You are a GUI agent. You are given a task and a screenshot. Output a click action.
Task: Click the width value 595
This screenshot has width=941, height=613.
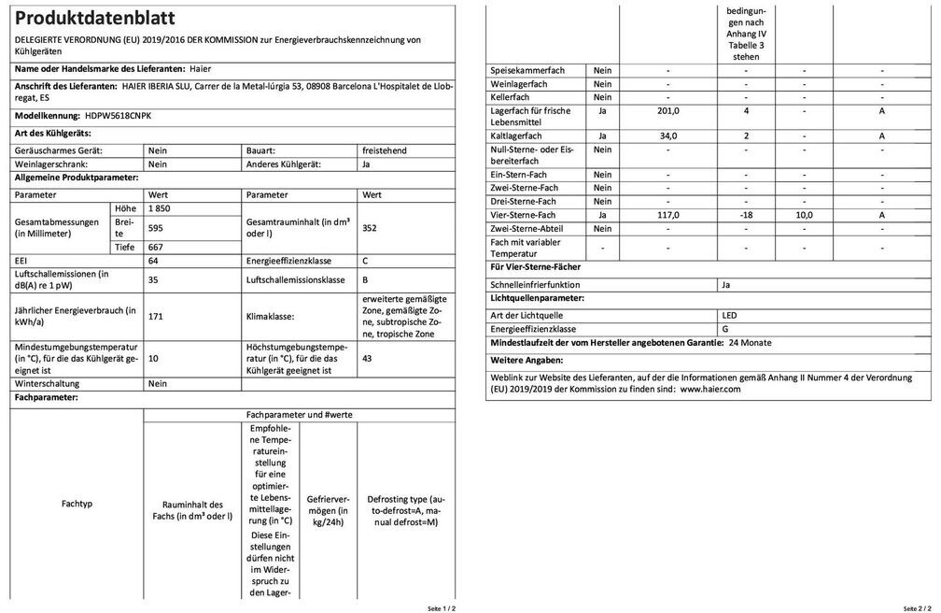tap(157, 227)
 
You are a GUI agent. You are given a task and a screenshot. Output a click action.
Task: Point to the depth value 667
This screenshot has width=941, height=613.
tap(157, 247)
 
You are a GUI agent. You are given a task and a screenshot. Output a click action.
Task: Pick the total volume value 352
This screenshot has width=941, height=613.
tap(369, 227)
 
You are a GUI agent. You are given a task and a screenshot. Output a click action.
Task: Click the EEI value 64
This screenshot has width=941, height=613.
tap(155, 261)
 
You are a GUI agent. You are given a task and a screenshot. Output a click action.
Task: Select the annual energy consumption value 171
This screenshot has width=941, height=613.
tap(156, 317)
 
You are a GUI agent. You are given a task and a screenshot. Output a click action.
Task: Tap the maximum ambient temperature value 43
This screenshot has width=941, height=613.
tap(366, 359)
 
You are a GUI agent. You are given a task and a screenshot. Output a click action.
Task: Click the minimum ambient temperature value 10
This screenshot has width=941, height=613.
tap(154, 359)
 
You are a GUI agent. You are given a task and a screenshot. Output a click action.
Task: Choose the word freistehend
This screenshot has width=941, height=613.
tap(386, 150)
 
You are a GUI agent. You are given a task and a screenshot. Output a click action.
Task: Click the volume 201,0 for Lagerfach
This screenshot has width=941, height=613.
tap(667, 110)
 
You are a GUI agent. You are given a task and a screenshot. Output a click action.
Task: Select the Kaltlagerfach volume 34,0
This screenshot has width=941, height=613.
tap(667, 135)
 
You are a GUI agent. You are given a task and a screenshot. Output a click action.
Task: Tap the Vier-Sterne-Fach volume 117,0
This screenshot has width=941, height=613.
tap(667, 215)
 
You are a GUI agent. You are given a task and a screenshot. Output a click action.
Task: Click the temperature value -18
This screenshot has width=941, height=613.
tap(746, 215)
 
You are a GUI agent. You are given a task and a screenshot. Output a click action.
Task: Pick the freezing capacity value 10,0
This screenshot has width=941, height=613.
tap(804, 215)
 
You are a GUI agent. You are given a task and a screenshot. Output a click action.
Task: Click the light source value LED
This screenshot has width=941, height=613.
tap(729, 315)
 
